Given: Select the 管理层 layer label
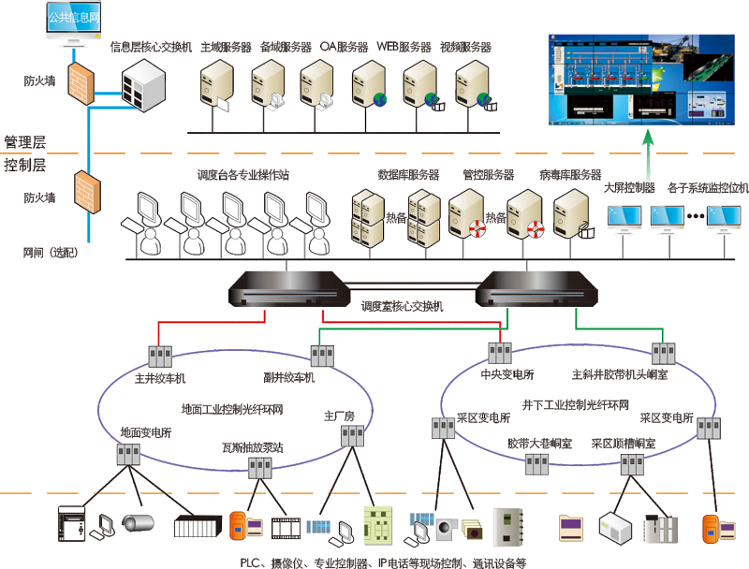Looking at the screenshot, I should click(25, 142).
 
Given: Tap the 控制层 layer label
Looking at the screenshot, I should click(25, 166).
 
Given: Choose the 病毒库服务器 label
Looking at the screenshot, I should click(570, 175).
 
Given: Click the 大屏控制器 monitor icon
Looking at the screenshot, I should click(627, 218).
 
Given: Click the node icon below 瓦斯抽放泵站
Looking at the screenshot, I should click(259, 470).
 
